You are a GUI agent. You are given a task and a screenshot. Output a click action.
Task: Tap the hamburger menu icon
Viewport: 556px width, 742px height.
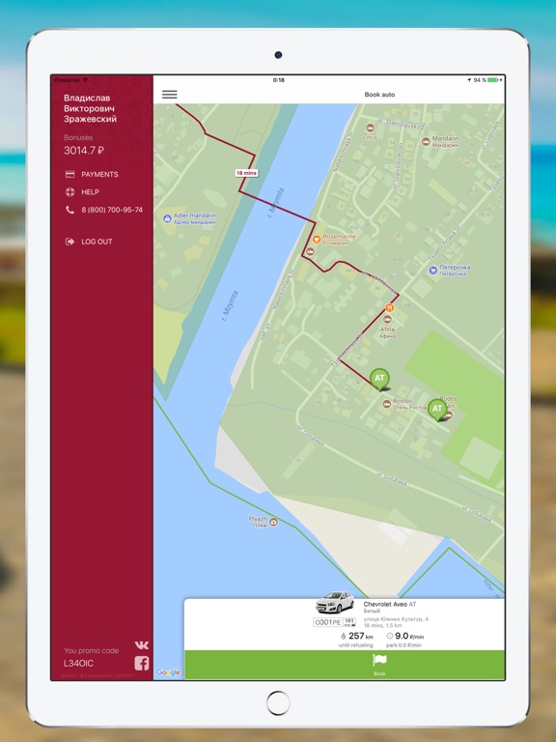(x=170, y=95)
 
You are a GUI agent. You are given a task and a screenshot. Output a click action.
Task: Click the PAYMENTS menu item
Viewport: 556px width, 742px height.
(x=99, y=175)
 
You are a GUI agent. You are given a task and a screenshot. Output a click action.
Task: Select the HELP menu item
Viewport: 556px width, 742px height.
(x=90, y=192)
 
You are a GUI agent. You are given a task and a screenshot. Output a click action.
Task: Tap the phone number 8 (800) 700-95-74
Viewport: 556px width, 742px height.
(x=111, y=210)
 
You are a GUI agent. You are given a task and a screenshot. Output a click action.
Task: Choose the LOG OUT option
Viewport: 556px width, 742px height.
(x=97, y=242)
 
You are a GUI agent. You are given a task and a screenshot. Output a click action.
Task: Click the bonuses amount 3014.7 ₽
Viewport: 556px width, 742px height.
(x=84, y=151)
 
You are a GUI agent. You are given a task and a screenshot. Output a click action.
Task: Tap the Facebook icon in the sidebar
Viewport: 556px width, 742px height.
(x=141, y=663)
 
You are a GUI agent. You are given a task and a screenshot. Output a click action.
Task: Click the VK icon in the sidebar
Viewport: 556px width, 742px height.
(x=141, y=645)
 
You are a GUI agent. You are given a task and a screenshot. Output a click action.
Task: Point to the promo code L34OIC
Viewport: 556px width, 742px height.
(x=79, y=664)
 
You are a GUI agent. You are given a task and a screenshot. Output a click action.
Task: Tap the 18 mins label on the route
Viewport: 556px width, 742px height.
(x=246, y=173)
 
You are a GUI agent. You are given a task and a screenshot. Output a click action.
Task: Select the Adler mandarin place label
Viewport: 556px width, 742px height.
(x=194, y=217)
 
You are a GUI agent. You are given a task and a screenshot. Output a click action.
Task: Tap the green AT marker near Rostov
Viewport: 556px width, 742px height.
(x=379, y=379)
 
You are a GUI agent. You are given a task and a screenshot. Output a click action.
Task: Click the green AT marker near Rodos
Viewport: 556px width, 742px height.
(x=437, y=410)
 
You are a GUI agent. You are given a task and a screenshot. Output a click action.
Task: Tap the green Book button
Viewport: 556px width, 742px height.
(x=378, y=664)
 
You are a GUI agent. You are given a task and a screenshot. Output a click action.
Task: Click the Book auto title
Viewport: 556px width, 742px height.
(x=378, y=95)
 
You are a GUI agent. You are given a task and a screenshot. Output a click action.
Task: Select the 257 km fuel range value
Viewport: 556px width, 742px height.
(x=357, y=637)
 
